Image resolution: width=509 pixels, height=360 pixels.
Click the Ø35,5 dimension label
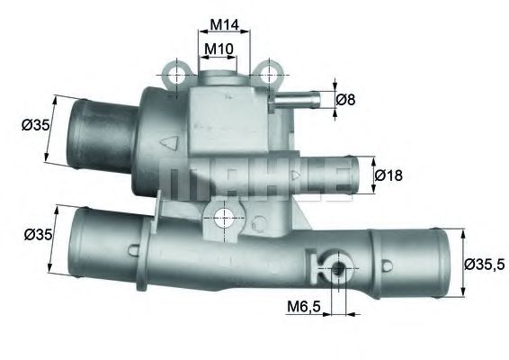pos(485,265)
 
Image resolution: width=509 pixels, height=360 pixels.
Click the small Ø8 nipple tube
pos(306,99)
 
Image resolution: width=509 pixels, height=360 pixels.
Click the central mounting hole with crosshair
pos(225,216)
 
